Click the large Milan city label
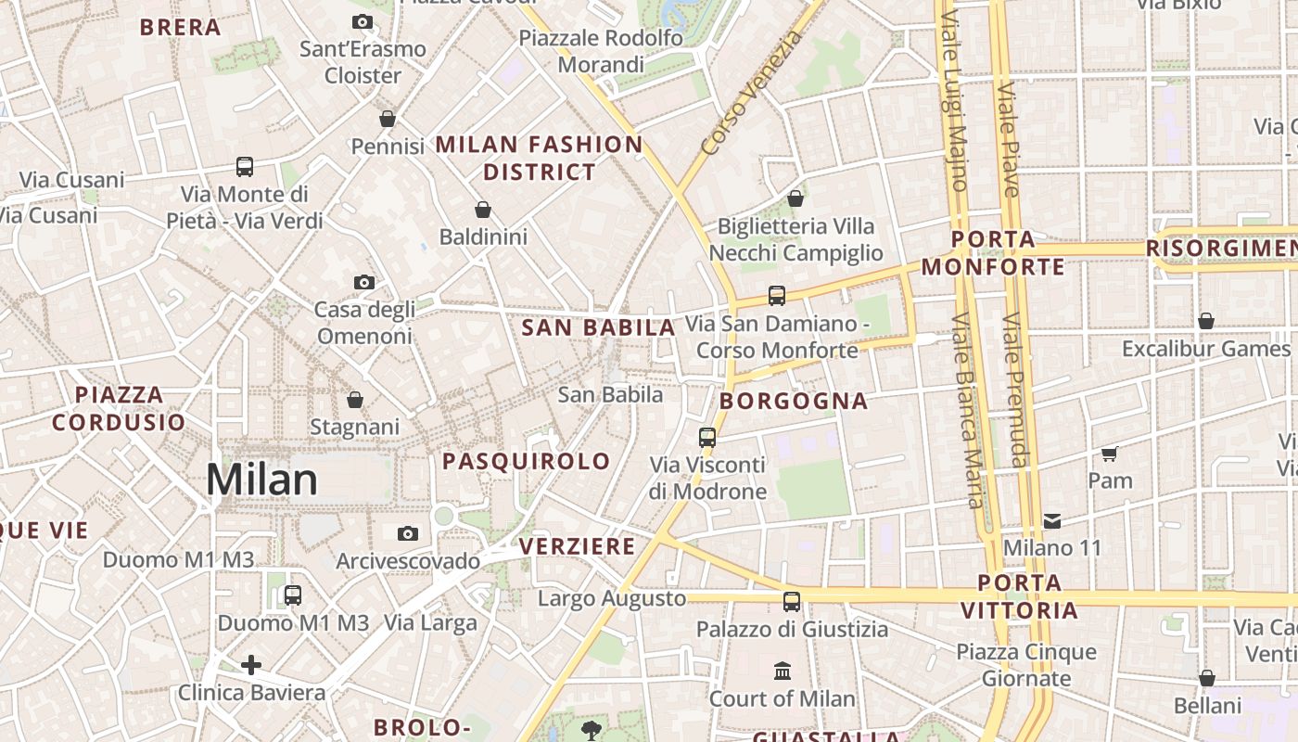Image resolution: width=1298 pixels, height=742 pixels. [x=261, y=480]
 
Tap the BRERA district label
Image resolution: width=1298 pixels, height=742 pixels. [x=181, y=28]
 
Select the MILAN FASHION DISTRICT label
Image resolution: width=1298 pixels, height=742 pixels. [x=539, y=158]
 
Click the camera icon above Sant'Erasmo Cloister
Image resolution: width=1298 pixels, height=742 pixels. [x=363, y=22]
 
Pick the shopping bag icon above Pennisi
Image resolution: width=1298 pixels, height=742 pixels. [x=388, y=119]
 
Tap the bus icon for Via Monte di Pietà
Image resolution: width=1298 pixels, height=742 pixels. [x=245, y=167]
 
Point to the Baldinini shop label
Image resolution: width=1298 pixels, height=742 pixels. [x=483, y=237]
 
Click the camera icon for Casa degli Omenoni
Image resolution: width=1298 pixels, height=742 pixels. [x=364, y=282]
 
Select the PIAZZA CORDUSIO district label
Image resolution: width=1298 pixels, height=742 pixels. [x=119, y=408]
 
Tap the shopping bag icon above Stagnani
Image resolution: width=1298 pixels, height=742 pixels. [x=354, y=400]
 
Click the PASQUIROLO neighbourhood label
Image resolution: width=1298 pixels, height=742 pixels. [x=527, y=461]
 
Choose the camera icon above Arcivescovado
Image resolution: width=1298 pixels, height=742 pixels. [x=407, y=533]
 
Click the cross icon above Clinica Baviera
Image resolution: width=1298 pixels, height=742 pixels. [x=250, y=664]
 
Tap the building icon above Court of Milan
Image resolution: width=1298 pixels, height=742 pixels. [x=783, y=671]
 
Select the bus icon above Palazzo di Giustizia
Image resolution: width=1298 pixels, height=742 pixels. [x=792, y=601]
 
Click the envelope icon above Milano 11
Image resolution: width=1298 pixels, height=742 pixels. [x=1052, y=520]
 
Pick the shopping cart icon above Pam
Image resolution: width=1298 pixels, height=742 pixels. [x=1110, y=454]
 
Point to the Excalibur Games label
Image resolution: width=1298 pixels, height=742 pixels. [x=1205, y=349]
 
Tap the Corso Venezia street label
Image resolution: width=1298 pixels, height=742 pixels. [x=751, y=93]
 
